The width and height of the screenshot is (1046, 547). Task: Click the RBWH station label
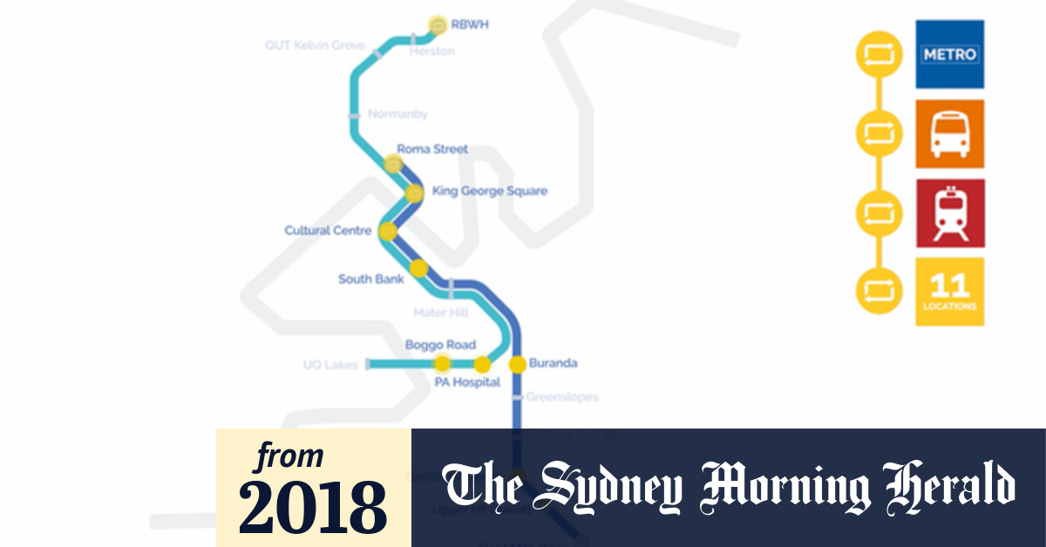tap(469, 24)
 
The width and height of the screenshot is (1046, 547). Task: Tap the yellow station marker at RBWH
tap(438, 24)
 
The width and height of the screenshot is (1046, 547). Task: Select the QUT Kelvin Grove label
tap(315, 45)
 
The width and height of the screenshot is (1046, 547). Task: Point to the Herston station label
tap(432, 51)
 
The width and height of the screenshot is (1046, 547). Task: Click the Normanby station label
tap(397, 114)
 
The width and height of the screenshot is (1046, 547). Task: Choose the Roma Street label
tap(432, 149)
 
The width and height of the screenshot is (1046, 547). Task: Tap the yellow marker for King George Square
tap(415, 192)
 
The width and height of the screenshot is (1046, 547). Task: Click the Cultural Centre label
tap(328, 231)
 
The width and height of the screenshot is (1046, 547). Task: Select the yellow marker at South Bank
tap(419, 268)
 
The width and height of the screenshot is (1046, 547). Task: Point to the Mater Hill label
tap(440, 312)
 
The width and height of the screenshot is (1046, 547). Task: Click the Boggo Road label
tap(440, 345)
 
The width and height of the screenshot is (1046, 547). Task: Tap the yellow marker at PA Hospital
tap(482, 364)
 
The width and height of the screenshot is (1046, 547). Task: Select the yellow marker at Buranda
tap(517, 364)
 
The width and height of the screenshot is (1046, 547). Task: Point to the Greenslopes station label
tap(562, 397)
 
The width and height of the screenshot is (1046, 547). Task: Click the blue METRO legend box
tap(949, 54)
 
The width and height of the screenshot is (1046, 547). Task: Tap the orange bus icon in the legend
tap(949, 134)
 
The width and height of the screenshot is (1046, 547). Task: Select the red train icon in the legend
tap(949, 213)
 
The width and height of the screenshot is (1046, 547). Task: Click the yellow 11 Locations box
tap(949, 292)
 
